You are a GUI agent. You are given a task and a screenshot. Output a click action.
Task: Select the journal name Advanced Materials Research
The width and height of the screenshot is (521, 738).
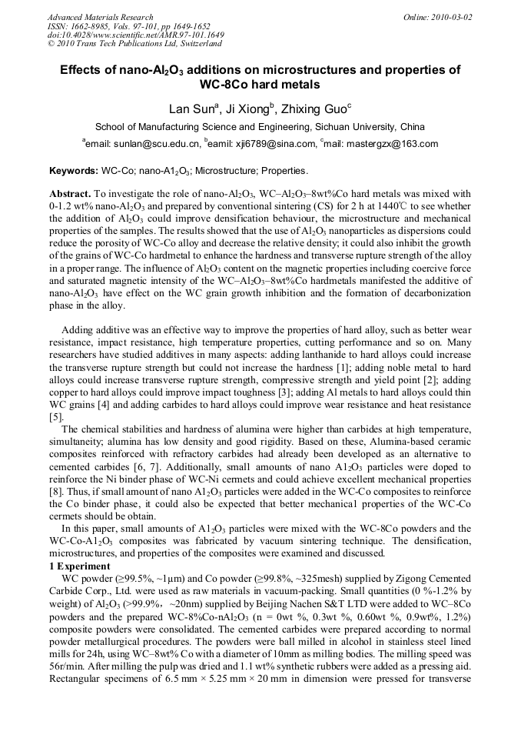100,17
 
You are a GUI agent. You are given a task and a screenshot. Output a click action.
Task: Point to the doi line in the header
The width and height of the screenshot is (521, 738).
135,35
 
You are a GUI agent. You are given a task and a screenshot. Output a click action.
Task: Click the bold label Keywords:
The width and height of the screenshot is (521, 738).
73,170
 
